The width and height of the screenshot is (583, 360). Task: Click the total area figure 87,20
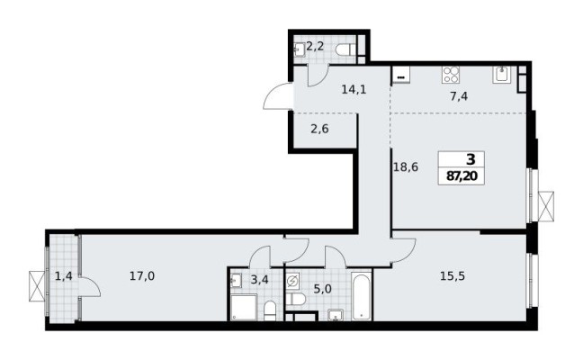[458, 176]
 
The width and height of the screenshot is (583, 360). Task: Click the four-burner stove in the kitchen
[451, 75]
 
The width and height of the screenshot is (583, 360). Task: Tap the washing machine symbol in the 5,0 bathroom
[293, 280]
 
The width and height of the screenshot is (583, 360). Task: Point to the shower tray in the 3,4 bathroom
[241, 308]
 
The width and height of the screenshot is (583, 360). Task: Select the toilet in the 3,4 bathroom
[270, 310]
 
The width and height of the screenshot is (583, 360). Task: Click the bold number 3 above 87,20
[458, 160]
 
